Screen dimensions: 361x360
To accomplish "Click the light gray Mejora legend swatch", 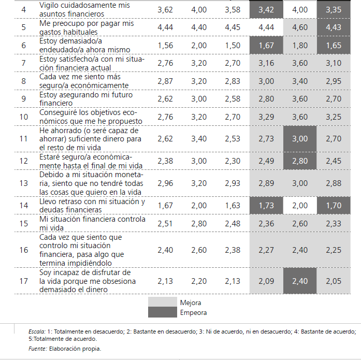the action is coord(163,302).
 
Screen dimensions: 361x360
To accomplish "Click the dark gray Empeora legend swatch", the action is coord(163,312).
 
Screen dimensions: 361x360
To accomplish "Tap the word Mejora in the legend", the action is coord(191,303).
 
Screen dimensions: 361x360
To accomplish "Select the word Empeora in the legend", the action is coord(193,312).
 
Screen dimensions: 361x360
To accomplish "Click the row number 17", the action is coord(24,281).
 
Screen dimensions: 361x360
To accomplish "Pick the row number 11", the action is coord(24,139).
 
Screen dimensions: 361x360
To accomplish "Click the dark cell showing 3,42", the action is coord(266,10).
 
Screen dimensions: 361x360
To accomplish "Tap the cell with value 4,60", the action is coord(300,27).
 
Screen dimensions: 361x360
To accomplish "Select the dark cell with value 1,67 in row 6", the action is coord(266,46).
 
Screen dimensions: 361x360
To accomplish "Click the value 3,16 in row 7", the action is coord(266,63).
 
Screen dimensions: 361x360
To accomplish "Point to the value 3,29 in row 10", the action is coord(266,117).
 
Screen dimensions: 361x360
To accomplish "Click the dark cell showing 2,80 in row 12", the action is coord(300,161).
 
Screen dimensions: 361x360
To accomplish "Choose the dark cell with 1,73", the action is coord(266,205).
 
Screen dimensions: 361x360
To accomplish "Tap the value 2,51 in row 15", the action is coord(165,223).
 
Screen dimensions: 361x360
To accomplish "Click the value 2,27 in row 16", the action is coord(266,250).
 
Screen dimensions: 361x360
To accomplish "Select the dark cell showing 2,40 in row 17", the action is coord(300,281).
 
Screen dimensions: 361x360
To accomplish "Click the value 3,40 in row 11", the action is coord(199,139).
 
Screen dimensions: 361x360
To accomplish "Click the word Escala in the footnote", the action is coord(37,332).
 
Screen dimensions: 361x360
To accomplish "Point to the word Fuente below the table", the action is coord(38,349).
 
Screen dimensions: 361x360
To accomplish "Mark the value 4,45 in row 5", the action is coord(233,27).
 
